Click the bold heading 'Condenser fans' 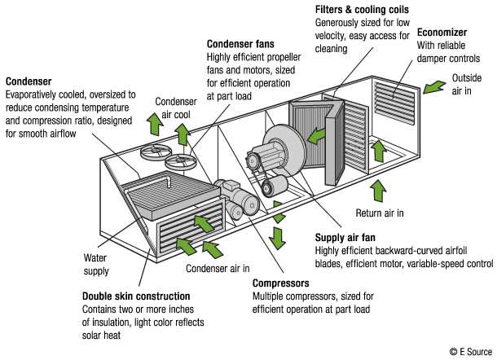(x=240, y=44)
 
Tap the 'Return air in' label (x=380, y=213)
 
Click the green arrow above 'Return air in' (x=376, y=190)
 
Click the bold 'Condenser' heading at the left (x=29, y=81)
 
